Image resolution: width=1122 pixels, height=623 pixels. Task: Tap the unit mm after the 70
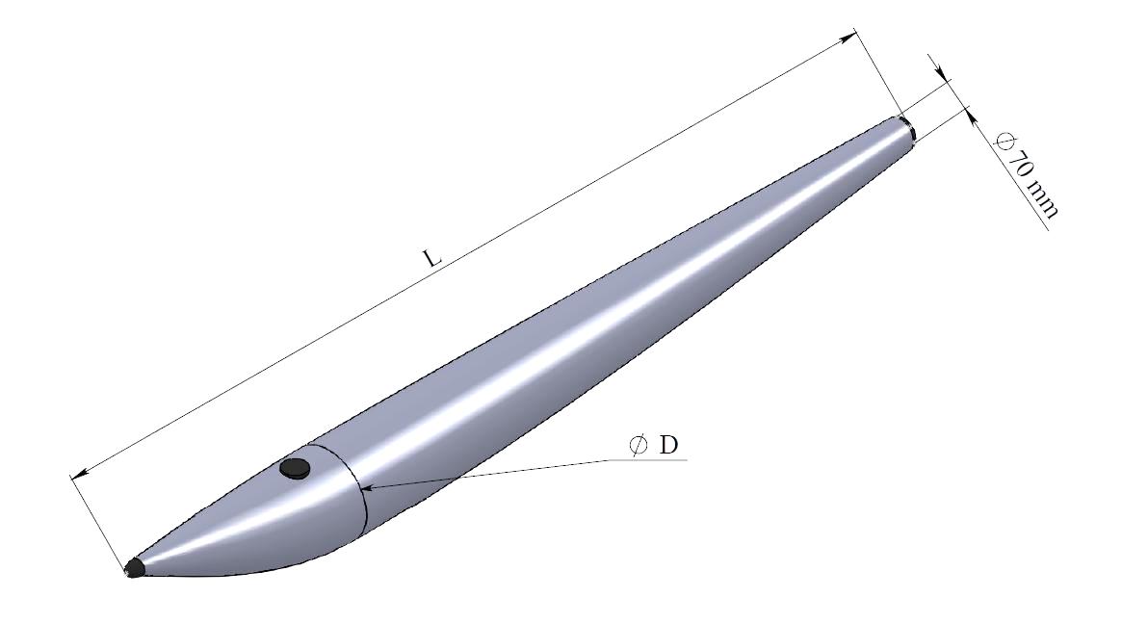(1042, 198)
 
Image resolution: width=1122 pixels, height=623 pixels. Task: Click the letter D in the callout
(667, 445)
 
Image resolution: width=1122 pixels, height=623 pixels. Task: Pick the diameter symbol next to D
(638, 445)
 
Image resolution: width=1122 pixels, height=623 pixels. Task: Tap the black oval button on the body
(295, 469)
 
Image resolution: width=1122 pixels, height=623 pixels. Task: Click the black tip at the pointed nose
(134, 568)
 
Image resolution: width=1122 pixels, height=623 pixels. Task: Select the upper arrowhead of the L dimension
(848, 37)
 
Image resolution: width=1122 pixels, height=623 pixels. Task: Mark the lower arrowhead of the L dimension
(79, 473)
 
